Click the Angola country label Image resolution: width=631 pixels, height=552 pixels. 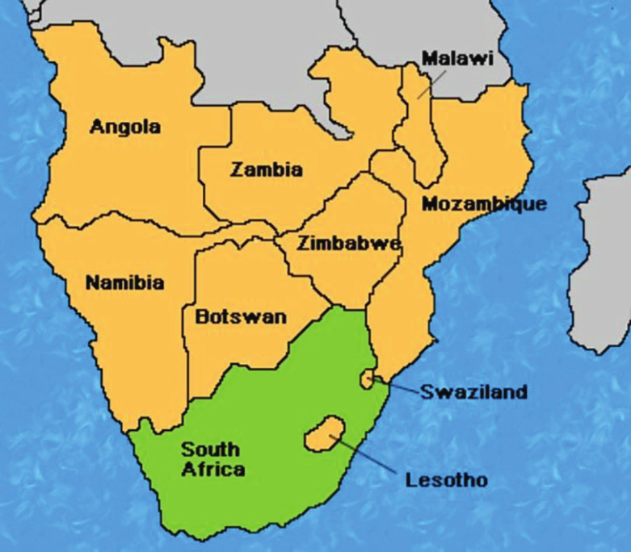(x=125, y=127)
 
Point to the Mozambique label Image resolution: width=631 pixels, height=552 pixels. (x=483, y=203)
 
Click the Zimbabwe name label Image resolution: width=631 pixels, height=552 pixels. (x=349, y=243)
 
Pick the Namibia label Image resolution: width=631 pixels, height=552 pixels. (x=124, y=282)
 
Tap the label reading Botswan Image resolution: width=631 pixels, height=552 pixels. (x=241, y=317)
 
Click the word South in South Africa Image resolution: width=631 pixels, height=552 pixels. (x=210, y=450)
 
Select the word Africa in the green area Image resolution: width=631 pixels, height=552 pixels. (x=212, y=469)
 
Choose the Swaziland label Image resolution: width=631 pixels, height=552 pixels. (x=473, y=392)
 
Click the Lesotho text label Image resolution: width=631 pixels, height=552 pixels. (x=446, y=480)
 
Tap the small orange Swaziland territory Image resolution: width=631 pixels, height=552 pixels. (x=369, y=378)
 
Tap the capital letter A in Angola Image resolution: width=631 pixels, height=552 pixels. (x=98, y=127)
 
